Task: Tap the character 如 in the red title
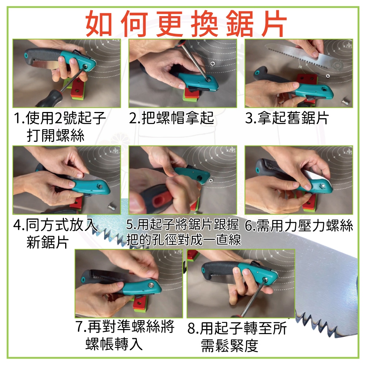pyautogui.click(x=99, y=24)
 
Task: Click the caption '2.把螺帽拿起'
pyautogui.click(x=171, y=118)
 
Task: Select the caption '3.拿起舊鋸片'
pyautogui.click(x=287, y=118)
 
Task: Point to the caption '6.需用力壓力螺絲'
pyautogui.click(x=299, y=226)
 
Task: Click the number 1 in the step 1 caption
pyautogui.click(x=17, y=118)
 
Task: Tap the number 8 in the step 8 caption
pyautogui.click(x=191, y=329)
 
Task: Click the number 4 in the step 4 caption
pyautogui.click(x=17, y=225)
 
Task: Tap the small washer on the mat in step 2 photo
pyautogui.click(x=212, y=63)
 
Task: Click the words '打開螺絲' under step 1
pyautogui.click(x=55, y=135)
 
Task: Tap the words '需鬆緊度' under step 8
pyautogui.click(x=230, y=346)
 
